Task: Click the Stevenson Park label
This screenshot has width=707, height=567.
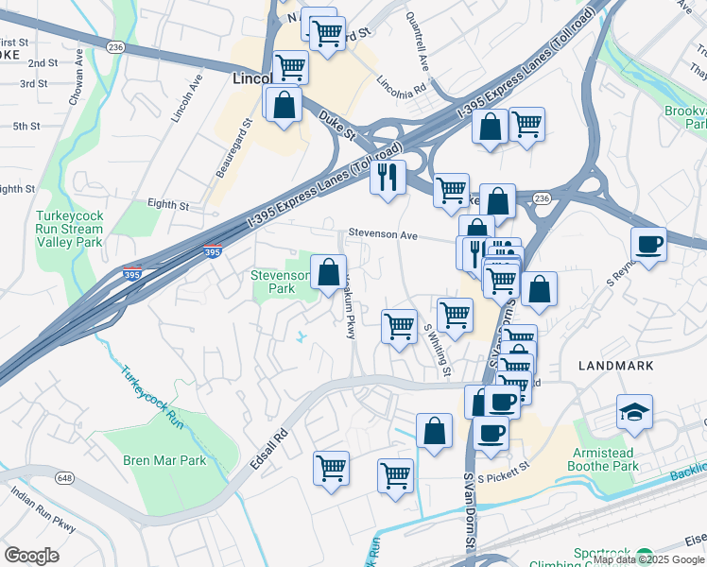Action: coord(280,281)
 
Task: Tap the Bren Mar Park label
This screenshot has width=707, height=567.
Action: coord(164,461)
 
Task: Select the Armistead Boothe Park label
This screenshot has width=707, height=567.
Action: coord(604,458)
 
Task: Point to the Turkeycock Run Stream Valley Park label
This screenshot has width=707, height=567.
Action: coord(68,228)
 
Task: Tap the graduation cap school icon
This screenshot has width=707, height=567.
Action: coord(634,411)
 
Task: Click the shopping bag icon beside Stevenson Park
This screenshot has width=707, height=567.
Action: coord(328,273)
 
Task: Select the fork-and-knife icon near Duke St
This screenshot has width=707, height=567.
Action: coord(387,177)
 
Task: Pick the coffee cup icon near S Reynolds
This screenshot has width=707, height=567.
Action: coord(648,245)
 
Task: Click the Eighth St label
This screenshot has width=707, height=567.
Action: coord(169,204)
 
